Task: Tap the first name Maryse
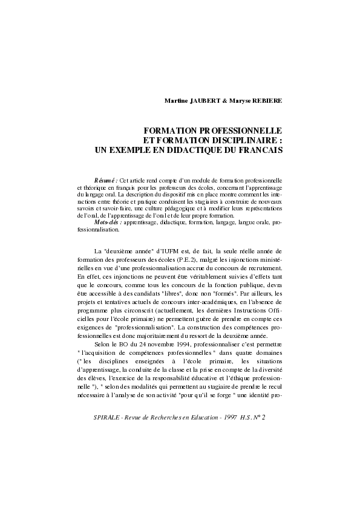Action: (x=239, y=100)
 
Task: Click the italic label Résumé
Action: (x=106, y=180)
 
